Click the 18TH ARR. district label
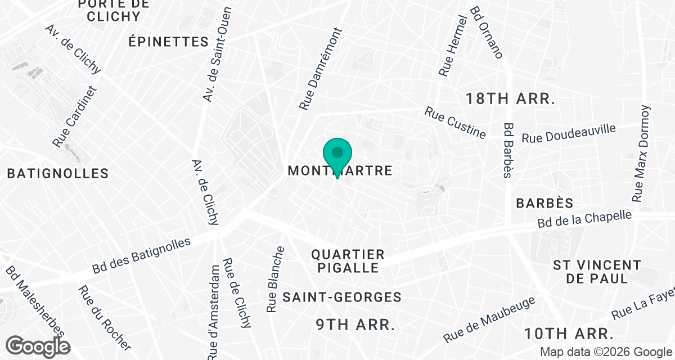[510, 99]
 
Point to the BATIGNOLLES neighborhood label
[58, 173]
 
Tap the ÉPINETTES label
[168, 42]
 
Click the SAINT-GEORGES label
[342, 297]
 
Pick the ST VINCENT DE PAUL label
[597, 272]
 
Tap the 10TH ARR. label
[568, 334]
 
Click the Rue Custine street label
[456, 123]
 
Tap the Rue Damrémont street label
[321, 69]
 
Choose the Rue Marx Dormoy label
[641, 154]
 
